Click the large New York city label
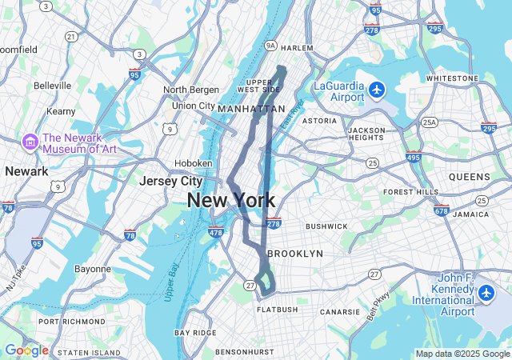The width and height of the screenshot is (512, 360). [x=231, y=201]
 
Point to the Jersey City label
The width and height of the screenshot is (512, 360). [x=170, y=182]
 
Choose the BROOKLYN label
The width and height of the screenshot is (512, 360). [x=294, y=253]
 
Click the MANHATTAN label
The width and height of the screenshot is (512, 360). [x=251, y=108]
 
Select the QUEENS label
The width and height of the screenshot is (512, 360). [x=470, y=177]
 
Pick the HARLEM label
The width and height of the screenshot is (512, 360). [x=298, y=48]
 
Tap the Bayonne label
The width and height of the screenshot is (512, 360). [x=93, y=269]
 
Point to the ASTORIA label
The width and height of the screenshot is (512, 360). [x=319, y=121]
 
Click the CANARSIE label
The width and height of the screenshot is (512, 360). [x=340, y=312]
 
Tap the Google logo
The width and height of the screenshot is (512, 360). [x=26, y=350]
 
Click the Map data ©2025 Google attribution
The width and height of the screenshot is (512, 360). [x=462, y=354]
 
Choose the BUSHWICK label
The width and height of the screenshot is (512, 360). [x=327, y=226]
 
